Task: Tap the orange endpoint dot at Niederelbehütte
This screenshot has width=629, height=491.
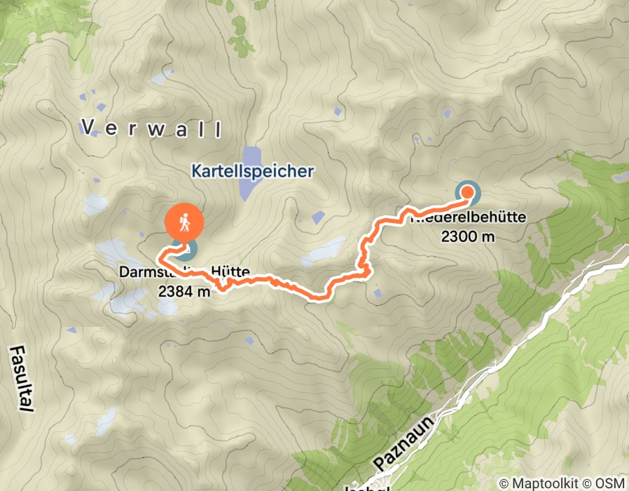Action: click(467, 191)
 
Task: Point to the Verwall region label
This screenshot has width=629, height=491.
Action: click(151, 128)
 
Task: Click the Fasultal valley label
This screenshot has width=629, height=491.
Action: click(19, 378)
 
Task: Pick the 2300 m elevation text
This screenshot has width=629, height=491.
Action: click(468, 236)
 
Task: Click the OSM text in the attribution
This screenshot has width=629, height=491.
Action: click(609, 483)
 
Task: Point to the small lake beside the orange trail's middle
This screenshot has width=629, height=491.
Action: click(324, 251)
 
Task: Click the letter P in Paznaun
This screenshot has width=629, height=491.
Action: click(378, 464)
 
